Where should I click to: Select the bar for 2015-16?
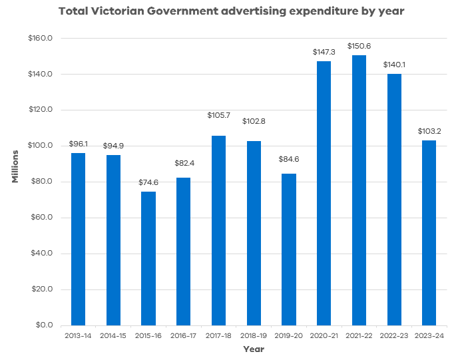148,258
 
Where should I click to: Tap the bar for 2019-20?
289,250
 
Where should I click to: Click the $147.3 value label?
324,51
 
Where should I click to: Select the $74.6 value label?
148,182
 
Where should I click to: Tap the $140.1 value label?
394,65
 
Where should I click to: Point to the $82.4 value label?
184,163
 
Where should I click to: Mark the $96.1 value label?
79,144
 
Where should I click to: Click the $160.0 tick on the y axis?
42,39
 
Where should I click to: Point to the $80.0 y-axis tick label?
43,182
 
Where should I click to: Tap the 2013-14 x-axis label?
79,336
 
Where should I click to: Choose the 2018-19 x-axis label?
254,336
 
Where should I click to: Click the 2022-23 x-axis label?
394,336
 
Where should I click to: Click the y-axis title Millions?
15,166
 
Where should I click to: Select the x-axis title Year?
254,349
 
